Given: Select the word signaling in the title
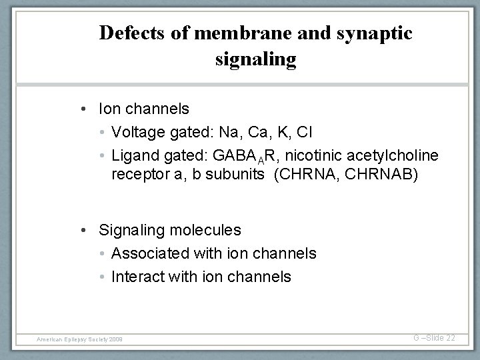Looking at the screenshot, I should coord(256,59).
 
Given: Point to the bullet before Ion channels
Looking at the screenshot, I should coord(89,108).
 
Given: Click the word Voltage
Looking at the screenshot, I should coord(136,131).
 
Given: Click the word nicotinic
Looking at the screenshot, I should coord(293,155).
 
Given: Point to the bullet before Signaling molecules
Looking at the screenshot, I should coord(89,230).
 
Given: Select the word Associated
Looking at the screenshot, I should coord(151,253).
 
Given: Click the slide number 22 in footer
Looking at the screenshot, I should coord(449,338).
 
